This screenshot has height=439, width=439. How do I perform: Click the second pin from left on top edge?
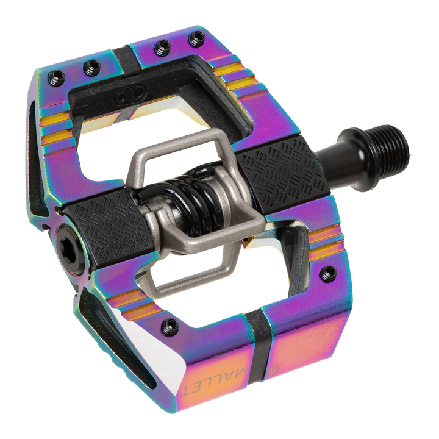[91, 65]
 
